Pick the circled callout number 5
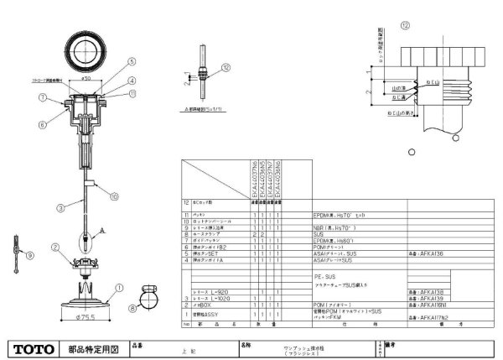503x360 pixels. pos(132,60)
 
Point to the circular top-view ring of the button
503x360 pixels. pos(86,44)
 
